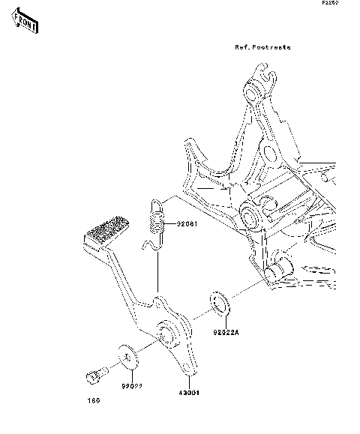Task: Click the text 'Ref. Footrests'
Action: (x=262, y=47)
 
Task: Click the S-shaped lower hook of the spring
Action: (x=152, y=244)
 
